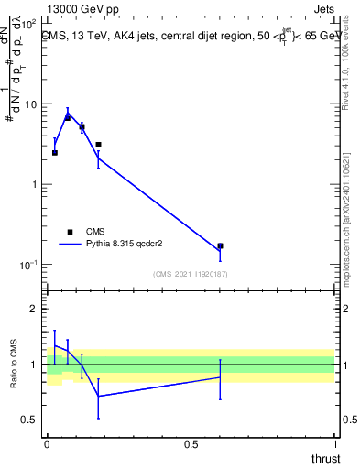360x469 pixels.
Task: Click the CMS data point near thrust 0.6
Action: click(x=220, y=246)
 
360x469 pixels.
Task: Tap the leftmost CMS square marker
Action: click(x=55, y=153)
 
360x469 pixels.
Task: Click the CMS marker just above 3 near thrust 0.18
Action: click(x=98, y=145)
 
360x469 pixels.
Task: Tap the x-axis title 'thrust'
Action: click(x=325, y=458)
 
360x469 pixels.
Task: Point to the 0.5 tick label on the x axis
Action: click(x=191, y=443)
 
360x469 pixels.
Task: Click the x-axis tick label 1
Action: click(x=334, y=443)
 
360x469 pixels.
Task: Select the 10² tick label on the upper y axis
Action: click(x=29, y=19)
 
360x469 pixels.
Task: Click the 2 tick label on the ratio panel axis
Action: click(x=34, y=309)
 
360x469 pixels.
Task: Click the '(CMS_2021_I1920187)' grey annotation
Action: click(x=191, y=274)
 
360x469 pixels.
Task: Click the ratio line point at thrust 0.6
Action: click(x=220, y=377)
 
